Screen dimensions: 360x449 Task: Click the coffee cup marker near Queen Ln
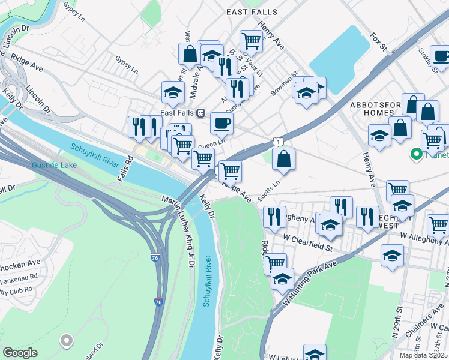(221, 124)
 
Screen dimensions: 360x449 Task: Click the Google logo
(20, 353)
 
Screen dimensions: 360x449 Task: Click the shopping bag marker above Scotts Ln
(284, 159)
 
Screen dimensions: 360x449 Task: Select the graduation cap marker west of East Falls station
(173, 93)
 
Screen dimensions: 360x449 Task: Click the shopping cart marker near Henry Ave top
(251, 41)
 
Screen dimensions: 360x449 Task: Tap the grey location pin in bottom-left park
(66, 341)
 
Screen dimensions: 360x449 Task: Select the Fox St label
(377, 43)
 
